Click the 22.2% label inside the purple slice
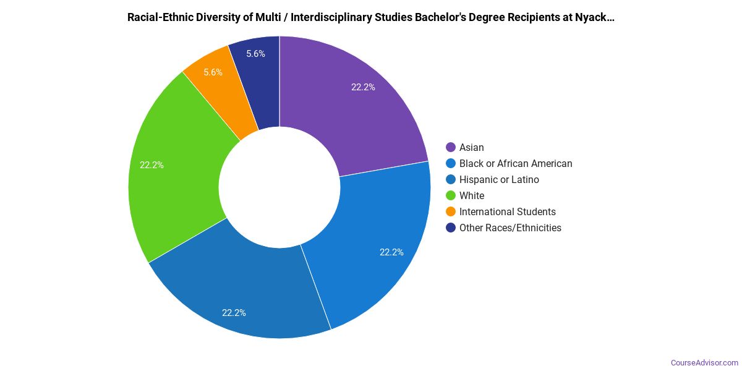[x=363, y=87]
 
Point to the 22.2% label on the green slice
[x=151, y=165]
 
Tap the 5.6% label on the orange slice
[x=213, y=72]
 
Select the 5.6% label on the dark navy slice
[x=255, y=54]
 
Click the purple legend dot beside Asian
[x=451, y=147]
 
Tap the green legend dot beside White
[x=451, y=195]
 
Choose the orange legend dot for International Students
[x=451, y=211]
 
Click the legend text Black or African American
[x=516, y=163]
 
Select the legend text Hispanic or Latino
[x=499, y=179]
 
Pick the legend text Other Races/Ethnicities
[x=510, y=228]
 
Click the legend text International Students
[x=507, y=211]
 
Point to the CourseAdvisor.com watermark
[x=704, y=362]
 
